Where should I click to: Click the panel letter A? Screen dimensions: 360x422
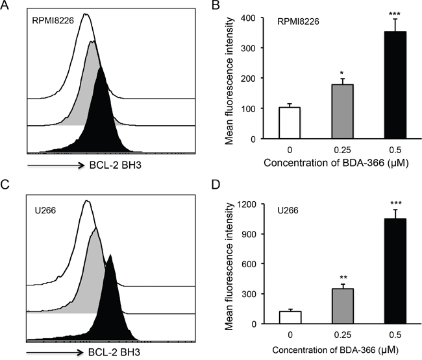(7, 6)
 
